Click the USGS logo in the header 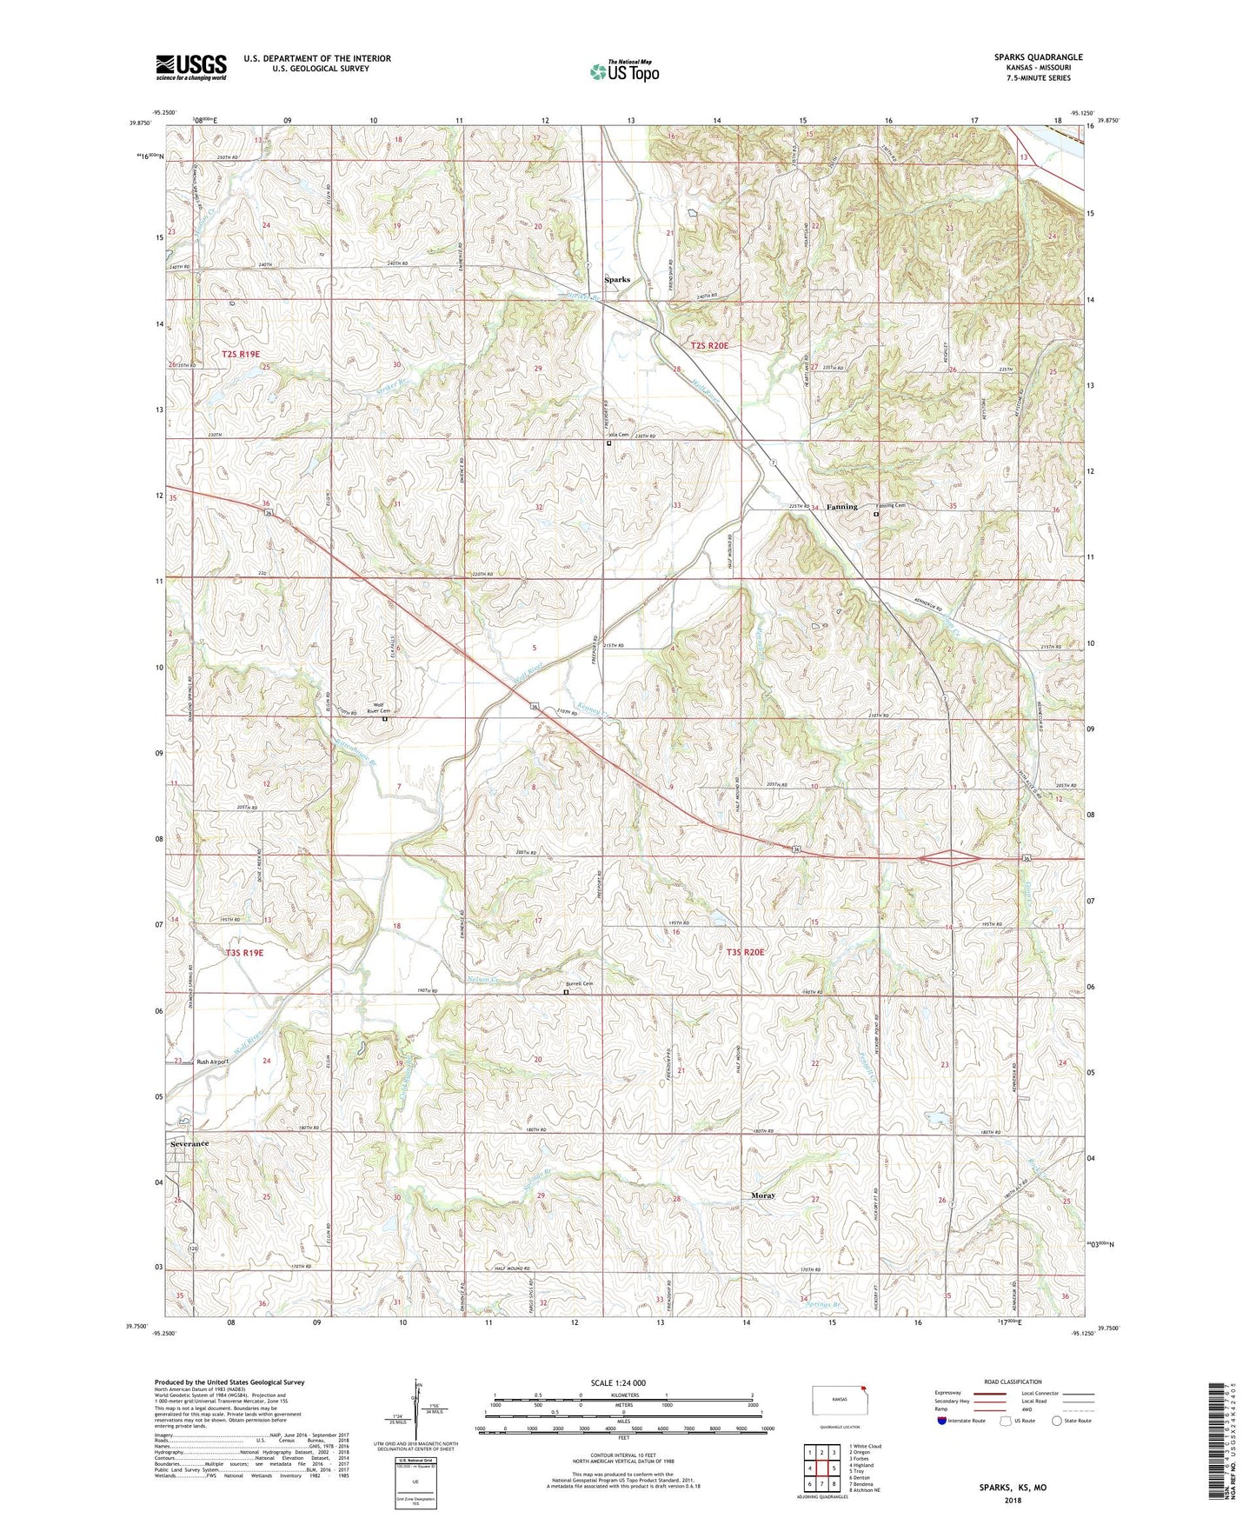coord(191,67)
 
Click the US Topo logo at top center coord(623,71)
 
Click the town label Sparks coord(617,280)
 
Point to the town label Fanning coord(841,507)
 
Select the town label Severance coord(189,1144)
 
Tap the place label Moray coord(762,1195)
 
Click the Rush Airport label coord(212,1062)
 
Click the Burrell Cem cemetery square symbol coord(566,992)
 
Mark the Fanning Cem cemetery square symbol coord(875,515)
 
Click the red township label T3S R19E coord(243,953)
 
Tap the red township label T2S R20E coord(709,346)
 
